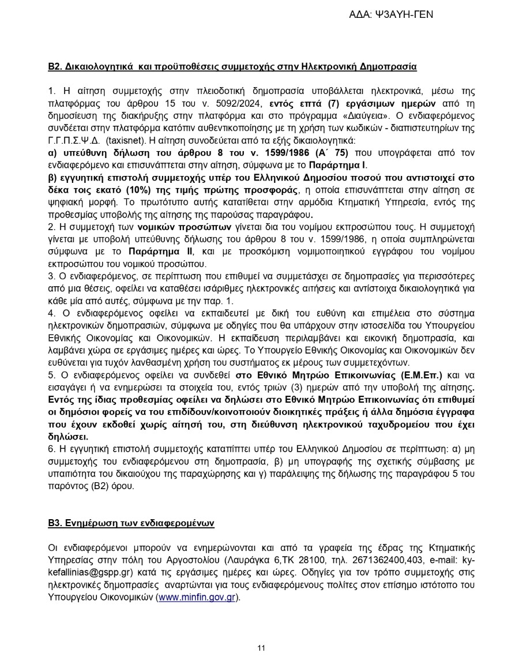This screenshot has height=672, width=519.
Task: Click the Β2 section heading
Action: coord(232,66)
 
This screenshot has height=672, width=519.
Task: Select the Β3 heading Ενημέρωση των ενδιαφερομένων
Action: coord(130,523)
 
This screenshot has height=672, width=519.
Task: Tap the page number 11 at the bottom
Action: coord(261,648)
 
